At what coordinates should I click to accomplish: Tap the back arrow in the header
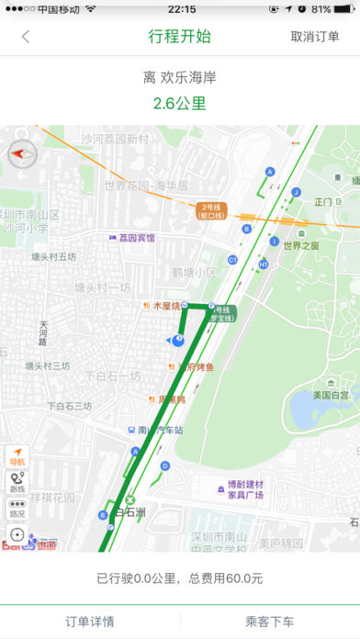tap(26, 38)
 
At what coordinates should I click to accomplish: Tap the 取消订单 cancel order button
tap(316, 38)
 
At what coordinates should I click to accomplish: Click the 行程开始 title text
tap(179, 38)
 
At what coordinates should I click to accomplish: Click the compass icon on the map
tap(20, 154)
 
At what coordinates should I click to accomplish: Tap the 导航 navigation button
tap(17, 456)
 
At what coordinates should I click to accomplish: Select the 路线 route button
tap(17, 483)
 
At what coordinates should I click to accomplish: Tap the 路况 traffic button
tap(17, 509)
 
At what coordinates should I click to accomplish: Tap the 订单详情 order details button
tap(90, 622)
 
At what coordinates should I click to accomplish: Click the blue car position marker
tap(177, 341)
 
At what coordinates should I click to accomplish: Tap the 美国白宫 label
tap(330, 395)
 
